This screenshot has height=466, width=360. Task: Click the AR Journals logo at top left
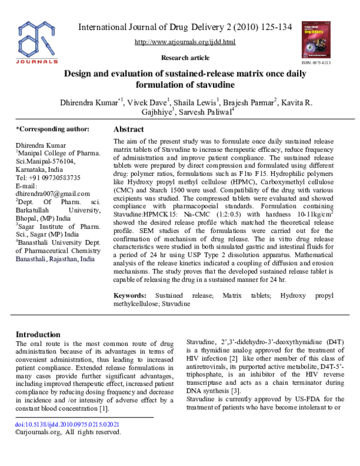pyautogui.click(x=38, y=41)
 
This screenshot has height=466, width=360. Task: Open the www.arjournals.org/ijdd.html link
pyautogui.click(x=185, y=41)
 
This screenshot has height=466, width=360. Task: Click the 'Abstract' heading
pyautogui.click(x=128, y=129)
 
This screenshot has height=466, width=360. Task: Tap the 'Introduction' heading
pyautogui.click(x=38, y=334)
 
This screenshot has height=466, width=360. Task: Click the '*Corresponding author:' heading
pyautogui.click(x=52, y=129)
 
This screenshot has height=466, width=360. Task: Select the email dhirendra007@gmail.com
pyautogui.click(x=53, y=193)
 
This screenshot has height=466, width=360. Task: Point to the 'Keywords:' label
pyautogui.click(x=130, y=295)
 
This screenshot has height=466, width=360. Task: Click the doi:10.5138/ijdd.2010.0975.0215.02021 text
pyautogui.click(x=67, y=423)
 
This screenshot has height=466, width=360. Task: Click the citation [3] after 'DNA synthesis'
pyautogui.click(x=237, y=390)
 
